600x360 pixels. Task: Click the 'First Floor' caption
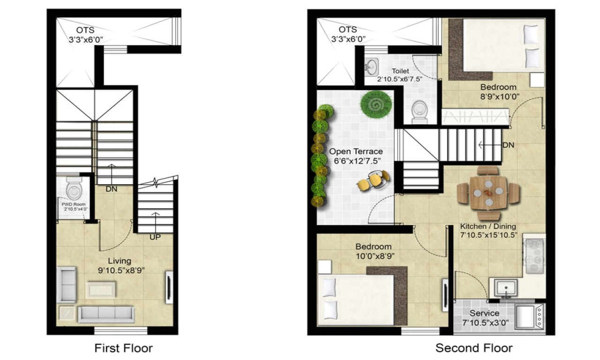(124, 348)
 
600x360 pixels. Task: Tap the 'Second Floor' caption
(474, 348)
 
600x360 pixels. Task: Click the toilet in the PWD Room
(74, 189)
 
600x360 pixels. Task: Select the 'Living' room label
(120, 261)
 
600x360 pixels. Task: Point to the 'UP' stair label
(155, 237)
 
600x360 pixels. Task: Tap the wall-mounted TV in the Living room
(169, 287)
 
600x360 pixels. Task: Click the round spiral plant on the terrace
(376, 104)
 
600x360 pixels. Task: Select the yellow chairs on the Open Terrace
(374, 181)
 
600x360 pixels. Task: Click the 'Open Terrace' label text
(355, 151)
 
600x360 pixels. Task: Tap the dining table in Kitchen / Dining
(488, 192)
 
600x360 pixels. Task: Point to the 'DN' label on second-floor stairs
(508, 145)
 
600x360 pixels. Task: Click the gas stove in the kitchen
(534, 256)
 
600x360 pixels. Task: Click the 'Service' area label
(484, 313)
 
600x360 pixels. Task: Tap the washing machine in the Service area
(530, 316)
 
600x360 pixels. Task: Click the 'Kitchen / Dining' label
(488, 226)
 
